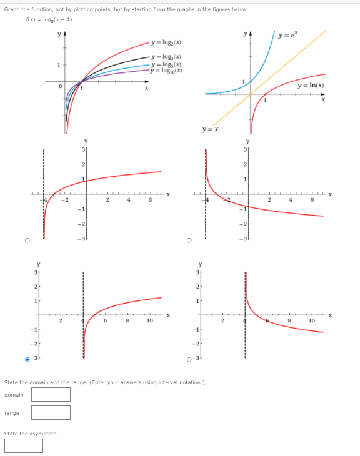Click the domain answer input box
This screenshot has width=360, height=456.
point(51,394)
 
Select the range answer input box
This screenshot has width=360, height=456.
point(51,412)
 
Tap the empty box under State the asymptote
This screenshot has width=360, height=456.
point(24,445)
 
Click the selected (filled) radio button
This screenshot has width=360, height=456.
point(27,359)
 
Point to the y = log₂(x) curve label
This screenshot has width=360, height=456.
point(167,42)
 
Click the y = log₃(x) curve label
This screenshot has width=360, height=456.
point(167,57)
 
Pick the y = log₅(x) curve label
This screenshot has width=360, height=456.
point(167,64)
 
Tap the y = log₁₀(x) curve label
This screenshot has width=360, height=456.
point(167,70)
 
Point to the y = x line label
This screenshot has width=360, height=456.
point(209,129)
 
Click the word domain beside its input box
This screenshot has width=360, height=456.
point(14,395)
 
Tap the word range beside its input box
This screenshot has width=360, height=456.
point(12,413)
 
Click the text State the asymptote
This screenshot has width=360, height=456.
point(31,434)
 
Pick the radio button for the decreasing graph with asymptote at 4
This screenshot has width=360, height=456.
point(189,359)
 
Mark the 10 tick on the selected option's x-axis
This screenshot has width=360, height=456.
point(150,320)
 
